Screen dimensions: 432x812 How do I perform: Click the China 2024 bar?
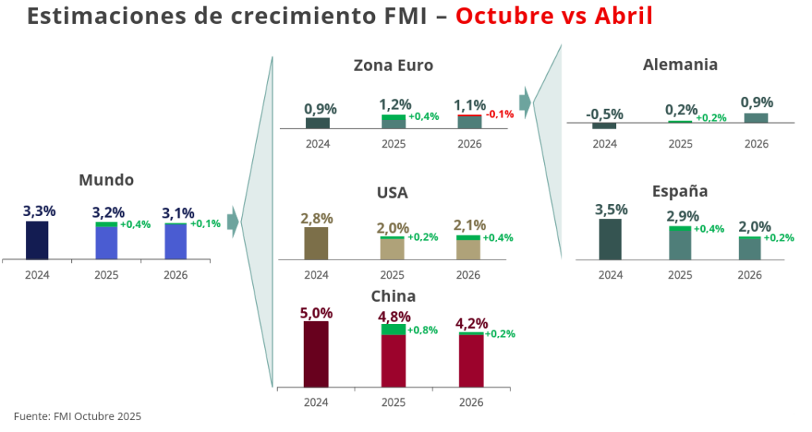click(316, 353)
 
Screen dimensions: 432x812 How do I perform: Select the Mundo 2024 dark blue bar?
click(37, 240)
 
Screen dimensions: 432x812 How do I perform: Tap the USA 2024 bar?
click(316, 244)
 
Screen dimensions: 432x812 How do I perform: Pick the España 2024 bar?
click(611, 239)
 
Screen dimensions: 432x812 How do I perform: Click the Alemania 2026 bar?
click(756, 118)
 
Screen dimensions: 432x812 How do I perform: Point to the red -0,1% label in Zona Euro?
click(500, 114)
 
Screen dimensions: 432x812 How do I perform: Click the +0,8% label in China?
click(423, 330)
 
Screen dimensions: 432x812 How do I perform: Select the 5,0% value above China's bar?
click(316, 313)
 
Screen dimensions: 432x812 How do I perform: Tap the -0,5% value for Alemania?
click(604, 114)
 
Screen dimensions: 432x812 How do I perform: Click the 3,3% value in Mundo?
click(39, 212)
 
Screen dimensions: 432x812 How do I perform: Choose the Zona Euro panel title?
click(393, 66)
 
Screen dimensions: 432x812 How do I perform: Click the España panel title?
click(680, 191)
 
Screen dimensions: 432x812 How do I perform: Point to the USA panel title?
click(393, 193)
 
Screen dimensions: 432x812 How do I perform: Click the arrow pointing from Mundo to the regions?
click(232, 222)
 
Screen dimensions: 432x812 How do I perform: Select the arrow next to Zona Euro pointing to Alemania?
click(524, 101)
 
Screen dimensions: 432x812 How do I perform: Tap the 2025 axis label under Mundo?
click(106, 276)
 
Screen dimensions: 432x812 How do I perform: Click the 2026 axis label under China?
click(470, 403)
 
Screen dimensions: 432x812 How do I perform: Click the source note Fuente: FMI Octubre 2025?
click(77, 416)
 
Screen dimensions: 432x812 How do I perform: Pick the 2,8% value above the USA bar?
click(316, 218)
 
